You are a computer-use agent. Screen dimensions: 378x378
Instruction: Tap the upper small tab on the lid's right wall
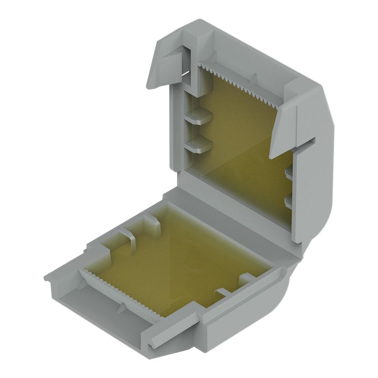(x=289, y=173)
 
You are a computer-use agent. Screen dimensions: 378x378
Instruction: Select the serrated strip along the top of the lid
(x=239, y=84)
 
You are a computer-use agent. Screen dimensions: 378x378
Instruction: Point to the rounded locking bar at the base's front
(x=172, y=332)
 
